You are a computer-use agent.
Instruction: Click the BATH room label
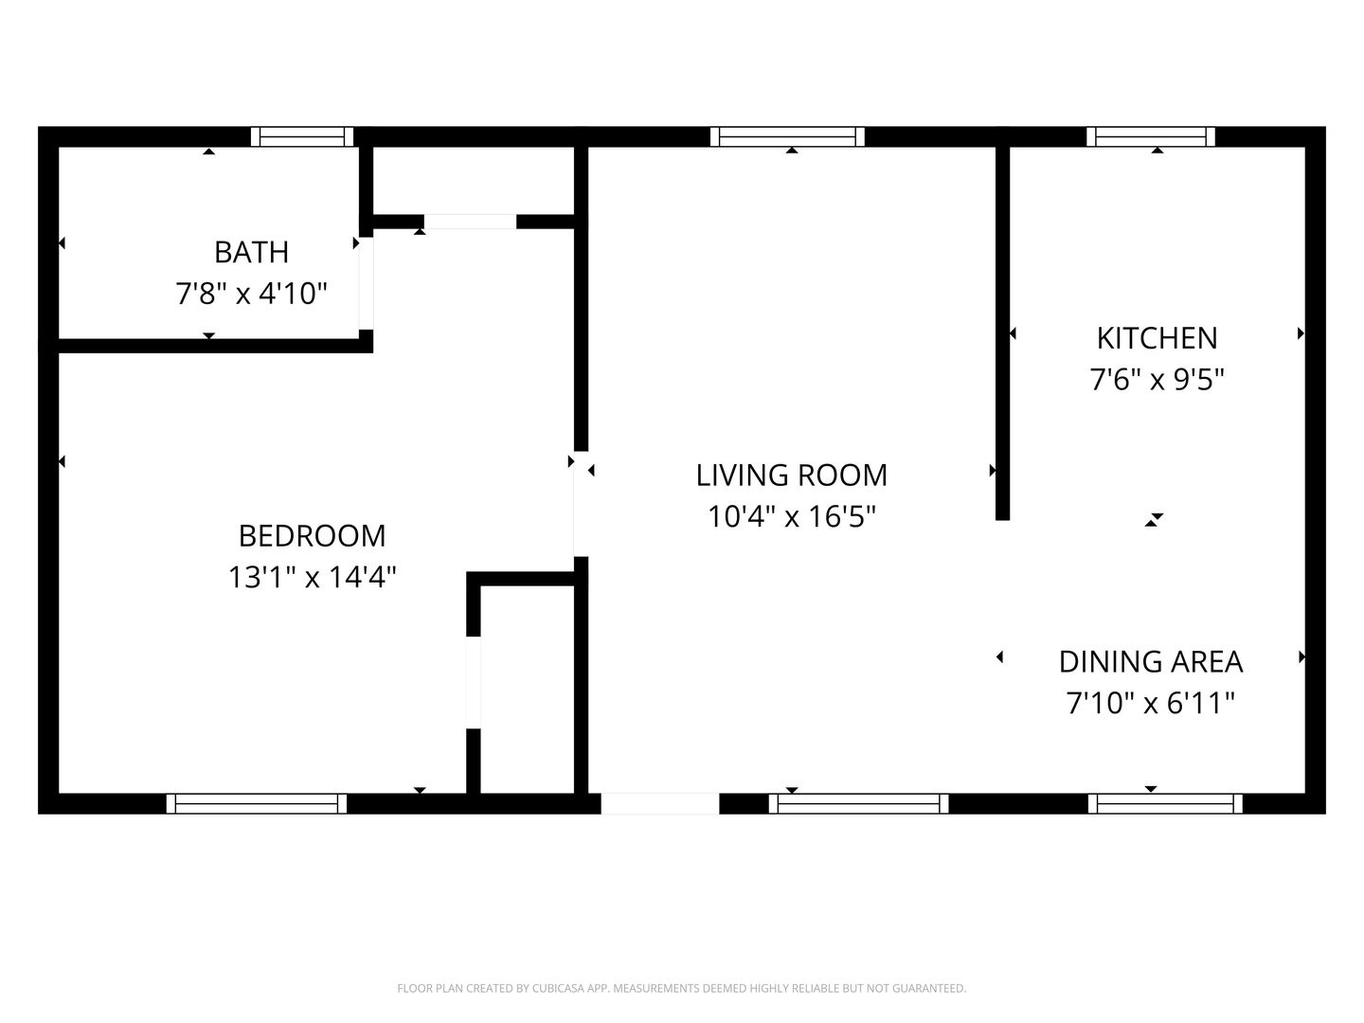[x=252, y=252]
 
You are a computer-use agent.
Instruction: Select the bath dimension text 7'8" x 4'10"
[x=251, y=294]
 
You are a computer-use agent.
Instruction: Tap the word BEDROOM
[x=312, y=536]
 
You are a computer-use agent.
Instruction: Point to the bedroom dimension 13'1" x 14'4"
[x=312, y=577]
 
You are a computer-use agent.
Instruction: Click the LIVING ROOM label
[x=792, y=476]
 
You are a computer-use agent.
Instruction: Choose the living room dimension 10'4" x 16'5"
[x=792, y=517]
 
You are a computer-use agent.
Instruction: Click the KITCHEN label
[x=1158, y=338]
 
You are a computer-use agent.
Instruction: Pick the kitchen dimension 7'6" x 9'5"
[x=1158, y=380]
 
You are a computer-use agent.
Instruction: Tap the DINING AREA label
[x=1151, y=662]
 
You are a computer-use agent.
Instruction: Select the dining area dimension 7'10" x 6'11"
[x=1151, y=703]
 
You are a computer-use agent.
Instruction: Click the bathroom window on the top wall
[x=302, y=136]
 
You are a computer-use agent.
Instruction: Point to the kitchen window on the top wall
[x=1150, y=136]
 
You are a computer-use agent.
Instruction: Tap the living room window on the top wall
[x=787, y=136]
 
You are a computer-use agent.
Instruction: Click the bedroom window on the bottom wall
[x=257, y=803]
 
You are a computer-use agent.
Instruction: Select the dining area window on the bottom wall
[x=1165, y=803]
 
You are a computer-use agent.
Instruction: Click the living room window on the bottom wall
[x=859, y=803]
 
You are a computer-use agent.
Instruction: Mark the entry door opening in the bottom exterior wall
[x=660, y=803]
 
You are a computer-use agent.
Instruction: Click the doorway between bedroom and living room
[x=581, y=504]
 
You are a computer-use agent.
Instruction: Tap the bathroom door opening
[x=366, y=284]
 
